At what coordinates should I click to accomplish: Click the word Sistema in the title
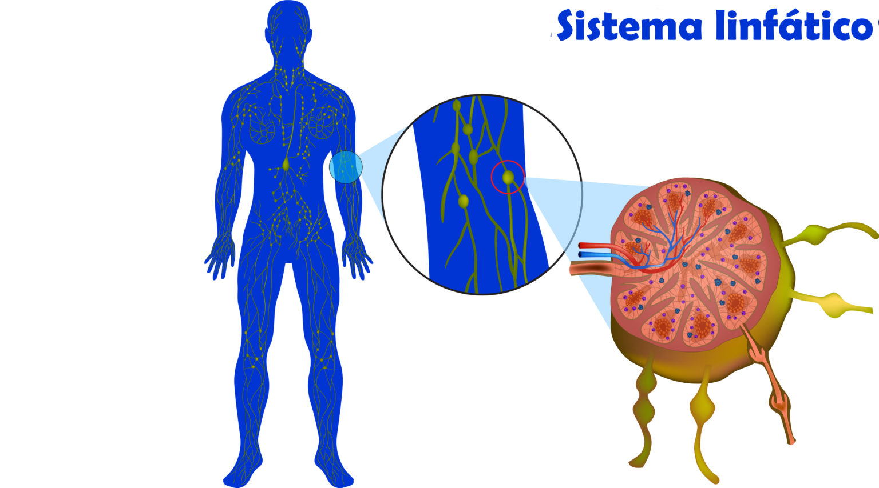click(629, 26)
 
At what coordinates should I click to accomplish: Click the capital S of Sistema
click(572, 26)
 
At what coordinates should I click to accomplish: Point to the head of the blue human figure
click(288, 26)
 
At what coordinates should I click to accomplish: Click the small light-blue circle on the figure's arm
click(346, 167)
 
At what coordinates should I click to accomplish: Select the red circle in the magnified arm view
click(508, 177)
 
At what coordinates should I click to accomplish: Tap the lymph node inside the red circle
click(508, 178)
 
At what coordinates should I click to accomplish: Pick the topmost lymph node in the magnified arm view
click(457, 106)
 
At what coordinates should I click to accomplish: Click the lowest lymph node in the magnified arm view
click(464, 201)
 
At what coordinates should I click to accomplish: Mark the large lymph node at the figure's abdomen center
click(286, 165)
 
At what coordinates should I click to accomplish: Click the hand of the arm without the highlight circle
click(220, 260)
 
